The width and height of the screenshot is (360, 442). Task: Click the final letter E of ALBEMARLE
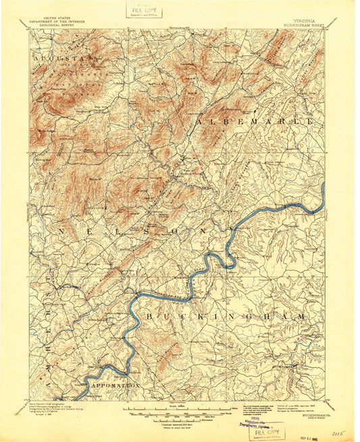coord(311,120)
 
